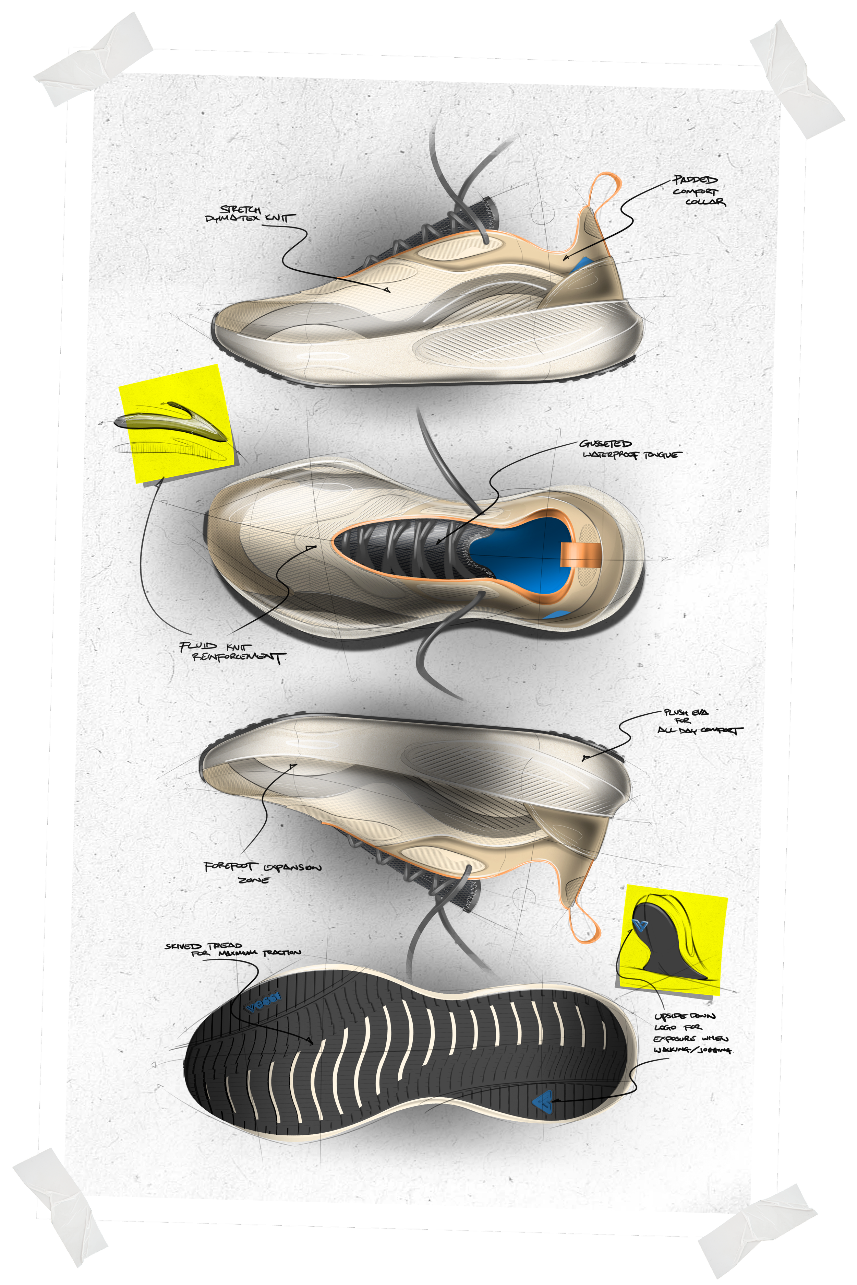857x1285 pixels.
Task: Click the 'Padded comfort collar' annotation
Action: [x=699, y=191]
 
